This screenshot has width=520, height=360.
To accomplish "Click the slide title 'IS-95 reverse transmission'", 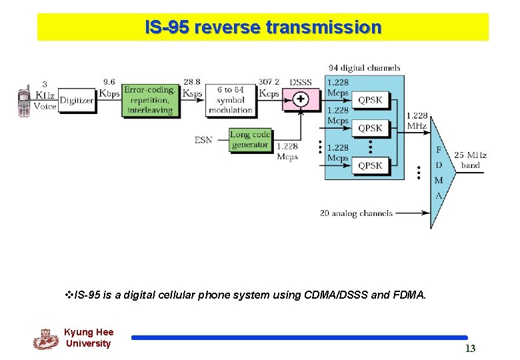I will (263, 27).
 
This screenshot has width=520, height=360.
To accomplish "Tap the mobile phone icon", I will (24, 101).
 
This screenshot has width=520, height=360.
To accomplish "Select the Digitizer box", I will (77, 100).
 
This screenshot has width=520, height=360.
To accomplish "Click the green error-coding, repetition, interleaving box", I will (149, 99).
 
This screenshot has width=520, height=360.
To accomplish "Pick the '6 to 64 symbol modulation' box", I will (230, 99).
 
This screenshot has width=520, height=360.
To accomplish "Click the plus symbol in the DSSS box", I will (301, 99).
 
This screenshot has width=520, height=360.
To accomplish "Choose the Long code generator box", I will (250, 139).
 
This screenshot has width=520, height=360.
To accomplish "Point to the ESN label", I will (203, 140).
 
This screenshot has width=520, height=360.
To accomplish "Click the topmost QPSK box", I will (370, 100).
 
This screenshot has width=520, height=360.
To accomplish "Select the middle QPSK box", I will (370, 128).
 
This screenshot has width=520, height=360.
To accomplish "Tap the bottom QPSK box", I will (370, 165).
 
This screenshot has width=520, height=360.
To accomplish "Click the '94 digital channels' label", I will (364, 67).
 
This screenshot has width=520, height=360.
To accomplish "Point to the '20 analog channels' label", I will (356, 213).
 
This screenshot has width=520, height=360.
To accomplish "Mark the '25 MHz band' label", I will (471, 160).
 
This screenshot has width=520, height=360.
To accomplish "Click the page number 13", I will (470, 348).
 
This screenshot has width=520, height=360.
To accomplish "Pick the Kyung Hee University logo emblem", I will (45, 339).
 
